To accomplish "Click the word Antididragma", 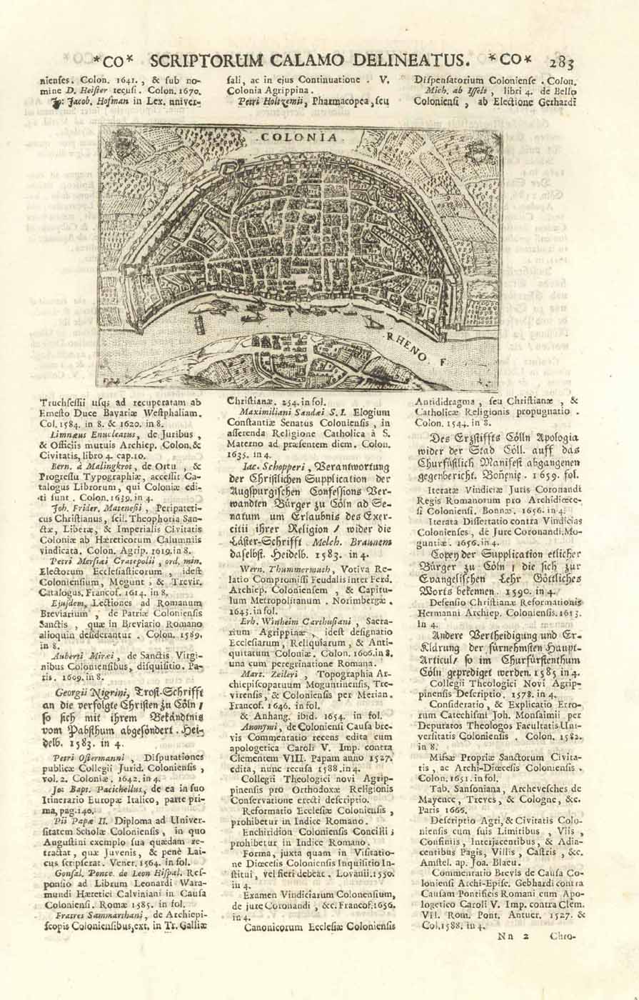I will (447, 401).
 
